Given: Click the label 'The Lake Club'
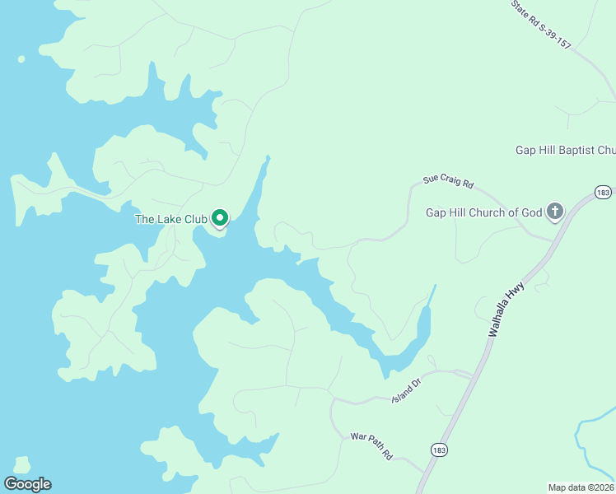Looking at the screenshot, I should pyautogui.click(x=171, y=219).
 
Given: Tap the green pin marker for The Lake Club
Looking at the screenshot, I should pyautogui.click(x=220, y=218).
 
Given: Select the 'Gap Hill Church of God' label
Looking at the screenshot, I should pyautogui.click(x=483, y=212).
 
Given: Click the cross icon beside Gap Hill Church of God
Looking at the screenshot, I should pyautogui.click(x=555, y=212).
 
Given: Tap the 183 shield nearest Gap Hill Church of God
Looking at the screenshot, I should pyautogui.click(x=604, y=192).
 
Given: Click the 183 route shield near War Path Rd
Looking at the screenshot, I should pyautogui.click(x=438, y=450).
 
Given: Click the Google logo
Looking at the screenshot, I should pyautogui.click(x=27, y=484).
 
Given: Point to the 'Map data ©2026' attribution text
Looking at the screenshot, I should pyautogui.click(x=581, y=487).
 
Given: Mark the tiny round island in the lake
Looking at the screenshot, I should pyautogui.click(x=21, y=59).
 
